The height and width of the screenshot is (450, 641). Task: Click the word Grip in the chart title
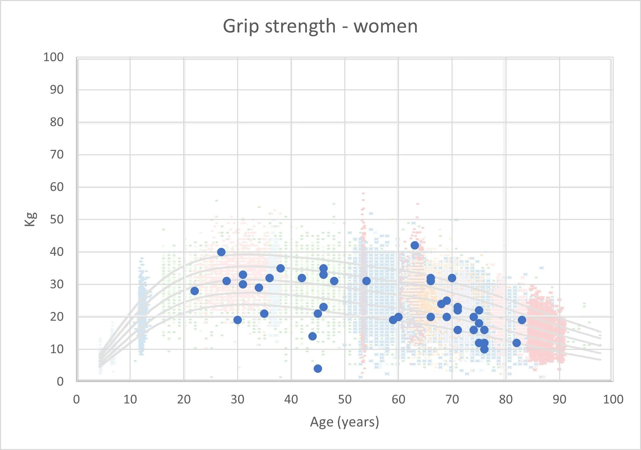241,26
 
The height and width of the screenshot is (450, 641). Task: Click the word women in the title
385,26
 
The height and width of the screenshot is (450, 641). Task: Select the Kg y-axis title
30,219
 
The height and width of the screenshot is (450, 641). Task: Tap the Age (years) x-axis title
344,422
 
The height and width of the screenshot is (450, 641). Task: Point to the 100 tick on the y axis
53,57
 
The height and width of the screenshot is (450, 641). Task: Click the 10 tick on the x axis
130,399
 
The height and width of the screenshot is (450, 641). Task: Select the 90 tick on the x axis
559,399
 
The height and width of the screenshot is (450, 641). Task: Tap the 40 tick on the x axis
291,399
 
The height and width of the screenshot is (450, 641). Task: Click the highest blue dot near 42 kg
415,245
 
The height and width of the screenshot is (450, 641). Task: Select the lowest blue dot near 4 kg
318,369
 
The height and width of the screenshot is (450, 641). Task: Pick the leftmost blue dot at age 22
194,291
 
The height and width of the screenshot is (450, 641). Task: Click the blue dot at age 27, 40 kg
221,252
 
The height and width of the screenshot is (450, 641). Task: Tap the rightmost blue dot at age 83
522,320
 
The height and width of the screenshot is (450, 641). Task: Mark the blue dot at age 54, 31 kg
366,281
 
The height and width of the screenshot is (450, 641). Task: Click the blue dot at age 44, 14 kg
312,336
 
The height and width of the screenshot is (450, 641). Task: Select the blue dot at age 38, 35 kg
280,268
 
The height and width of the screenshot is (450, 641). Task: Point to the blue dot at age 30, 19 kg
237,320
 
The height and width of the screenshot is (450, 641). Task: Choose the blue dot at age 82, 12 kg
516,343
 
